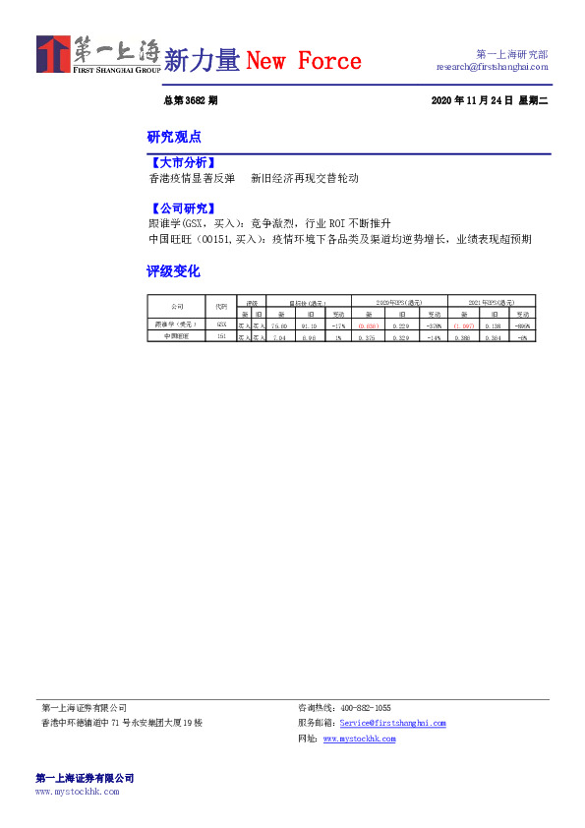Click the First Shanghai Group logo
point(98,55)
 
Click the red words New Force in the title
point(303,62)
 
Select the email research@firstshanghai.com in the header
point(492,67)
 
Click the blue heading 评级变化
point(173,270)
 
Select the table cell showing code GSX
point(221,324)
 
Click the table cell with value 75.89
point(279,324)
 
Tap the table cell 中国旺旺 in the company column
point(176,336)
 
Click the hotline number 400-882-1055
point(365,708)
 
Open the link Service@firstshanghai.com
point(392,723)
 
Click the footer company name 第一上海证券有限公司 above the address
point(84,708)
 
